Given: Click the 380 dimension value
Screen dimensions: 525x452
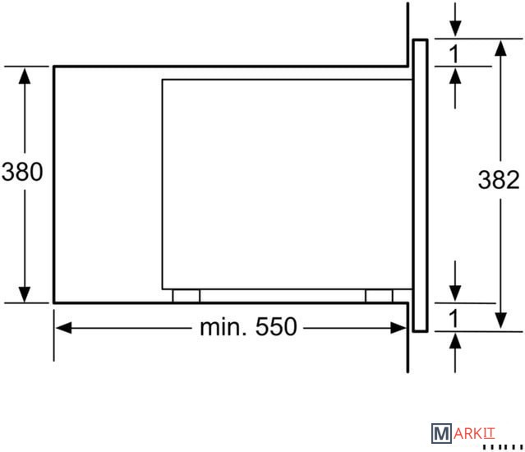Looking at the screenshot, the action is pyautogui.click(x=22, y=172).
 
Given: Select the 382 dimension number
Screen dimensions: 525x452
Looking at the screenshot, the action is pyautogui.click(x=499, y=180).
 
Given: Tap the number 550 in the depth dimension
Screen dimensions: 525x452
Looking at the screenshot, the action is pyautogui.click(x=276, y=327).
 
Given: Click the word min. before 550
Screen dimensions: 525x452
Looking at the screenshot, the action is pyautogui.click(x=223, y=327).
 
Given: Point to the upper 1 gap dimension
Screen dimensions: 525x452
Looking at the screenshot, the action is pyautogui.click(x=454, y=53).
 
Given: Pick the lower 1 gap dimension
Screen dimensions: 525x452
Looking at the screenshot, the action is pyautogui.click(x=454, y=318).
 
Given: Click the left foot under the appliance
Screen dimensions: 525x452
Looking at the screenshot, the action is pyautogui.click(x=187, y=296).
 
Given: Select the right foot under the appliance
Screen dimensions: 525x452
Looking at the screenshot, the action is pyautogui.click(x=379, y=296).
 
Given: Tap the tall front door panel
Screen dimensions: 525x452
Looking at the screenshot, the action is pyautogui.click(x=420, y=186).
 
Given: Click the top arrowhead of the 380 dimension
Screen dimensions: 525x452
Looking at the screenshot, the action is pyautogui.click(x=25, y=76).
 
